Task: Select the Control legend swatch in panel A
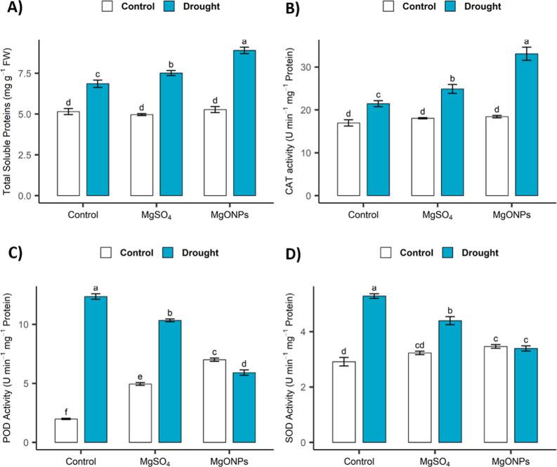(x=108, y=7)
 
